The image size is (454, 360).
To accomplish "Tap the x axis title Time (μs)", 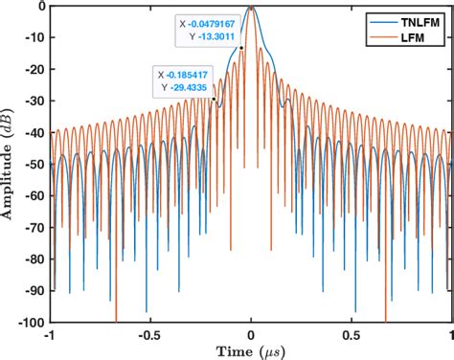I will [x=250, y=351].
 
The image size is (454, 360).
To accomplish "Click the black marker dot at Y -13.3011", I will [x=241, y=48].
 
